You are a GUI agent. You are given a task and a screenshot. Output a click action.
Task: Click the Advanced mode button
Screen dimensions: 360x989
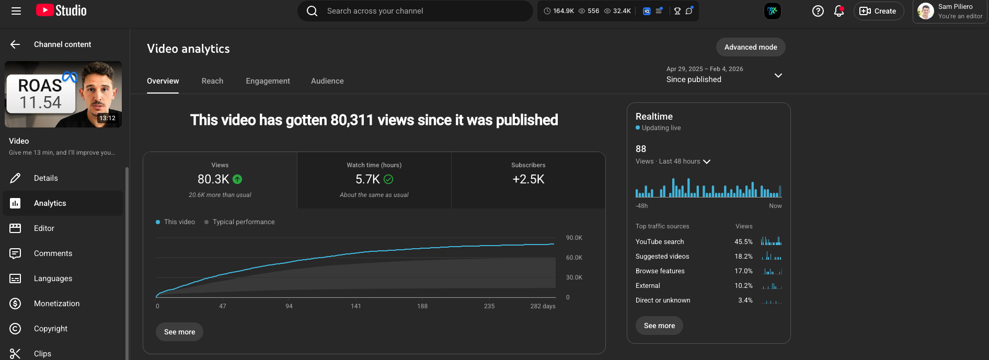(x=751, y=47)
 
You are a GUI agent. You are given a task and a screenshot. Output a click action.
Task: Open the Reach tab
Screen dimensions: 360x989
(x=212, y=81)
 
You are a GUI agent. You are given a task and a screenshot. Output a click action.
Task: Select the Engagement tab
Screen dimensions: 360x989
(x=268, y=81)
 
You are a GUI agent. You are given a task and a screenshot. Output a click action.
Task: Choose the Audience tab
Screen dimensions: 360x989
(x=327, y=81)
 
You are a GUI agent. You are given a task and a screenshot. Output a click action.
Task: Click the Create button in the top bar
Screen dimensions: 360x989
(x=878, y=11)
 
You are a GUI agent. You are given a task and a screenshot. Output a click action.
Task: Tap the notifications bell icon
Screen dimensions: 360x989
(x=838, y=11)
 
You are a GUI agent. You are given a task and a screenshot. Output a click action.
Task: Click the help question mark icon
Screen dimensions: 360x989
(x=818, y=11)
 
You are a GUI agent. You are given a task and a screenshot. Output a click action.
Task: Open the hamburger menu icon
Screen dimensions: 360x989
(x=16, y=11)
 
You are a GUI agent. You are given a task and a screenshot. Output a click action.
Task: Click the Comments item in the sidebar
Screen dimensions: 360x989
(x=53, y=253)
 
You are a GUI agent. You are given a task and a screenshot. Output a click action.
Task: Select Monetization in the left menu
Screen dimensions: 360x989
(x=56, y=304)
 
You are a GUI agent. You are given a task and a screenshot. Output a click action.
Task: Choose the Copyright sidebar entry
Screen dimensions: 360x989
(x=51, y=329)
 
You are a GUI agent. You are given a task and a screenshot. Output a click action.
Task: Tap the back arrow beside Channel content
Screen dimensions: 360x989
(x=15, y=44)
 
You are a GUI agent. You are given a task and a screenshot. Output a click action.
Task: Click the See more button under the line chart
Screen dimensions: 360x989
(x=179, y=332)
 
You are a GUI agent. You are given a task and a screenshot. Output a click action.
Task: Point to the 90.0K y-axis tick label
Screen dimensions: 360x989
(x=574, y=238)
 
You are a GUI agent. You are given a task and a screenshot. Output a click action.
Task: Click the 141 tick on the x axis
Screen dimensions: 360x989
(x=356, y=306)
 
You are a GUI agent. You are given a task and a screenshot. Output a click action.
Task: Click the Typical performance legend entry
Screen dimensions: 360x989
(x=243, y=222)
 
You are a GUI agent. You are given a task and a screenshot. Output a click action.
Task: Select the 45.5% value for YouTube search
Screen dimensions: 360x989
(x=743, y=242)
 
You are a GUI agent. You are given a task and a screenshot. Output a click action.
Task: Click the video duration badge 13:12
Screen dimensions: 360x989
(x=107, y=118)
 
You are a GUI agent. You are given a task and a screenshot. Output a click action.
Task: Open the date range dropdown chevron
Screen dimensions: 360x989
(x=778, y=75)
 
